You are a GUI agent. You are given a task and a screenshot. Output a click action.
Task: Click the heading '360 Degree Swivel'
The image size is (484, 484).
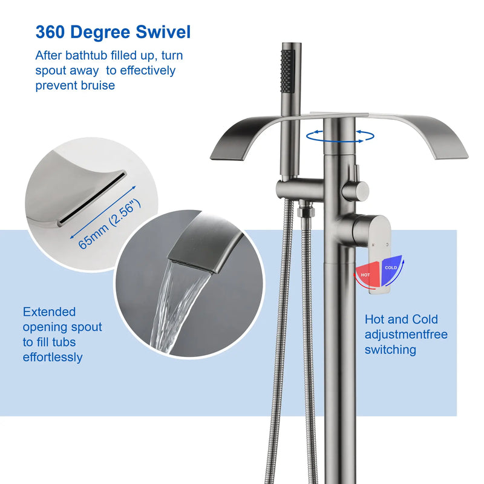pyautogui.click(x=113, y=32)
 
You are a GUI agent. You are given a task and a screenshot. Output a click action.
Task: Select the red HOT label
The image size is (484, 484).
pyautogui.click(x=365, y=275)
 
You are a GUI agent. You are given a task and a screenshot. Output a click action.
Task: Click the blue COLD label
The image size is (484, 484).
pyautogui.click(x=391, y=267)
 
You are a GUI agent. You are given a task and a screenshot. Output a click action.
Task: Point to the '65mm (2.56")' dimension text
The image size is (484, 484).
pyautogui.click(x=110, y=223)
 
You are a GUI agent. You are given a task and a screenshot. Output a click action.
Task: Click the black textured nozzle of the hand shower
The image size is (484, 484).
pyautogui.click(x=287, y=71)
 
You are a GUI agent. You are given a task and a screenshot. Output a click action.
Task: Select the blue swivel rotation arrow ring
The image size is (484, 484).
pyautogui.click(x=340, y=136)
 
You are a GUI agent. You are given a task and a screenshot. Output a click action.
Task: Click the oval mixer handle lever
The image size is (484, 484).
pyautogui.click(x=379, y=253)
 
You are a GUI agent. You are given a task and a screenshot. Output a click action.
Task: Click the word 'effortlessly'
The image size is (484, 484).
pyautogui.click(x=53, y=357)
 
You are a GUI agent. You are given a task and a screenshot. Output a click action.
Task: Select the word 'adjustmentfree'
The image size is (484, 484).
pyautogui.click(x=406, y=335)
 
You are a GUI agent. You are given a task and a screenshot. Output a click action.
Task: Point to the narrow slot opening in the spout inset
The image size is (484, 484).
pyautogui.click(x=92, y=197)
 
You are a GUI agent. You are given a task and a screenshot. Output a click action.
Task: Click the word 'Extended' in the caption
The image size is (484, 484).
pyautogui.click(x=49, y=312)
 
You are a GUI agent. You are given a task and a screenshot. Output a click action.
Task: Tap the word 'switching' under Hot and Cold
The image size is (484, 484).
pyautogui.click(x=390, y=350)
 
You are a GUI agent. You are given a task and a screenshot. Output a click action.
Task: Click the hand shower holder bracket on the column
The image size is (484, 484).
pyautogui.click(x=299, y=188)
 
